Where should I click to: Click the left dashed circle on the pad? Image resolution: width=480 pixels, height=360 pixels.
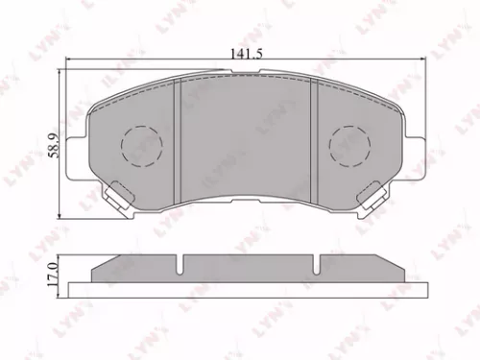coord(141,146)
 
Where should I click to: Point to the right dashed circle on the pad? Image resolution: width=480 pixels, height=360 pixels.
coord(348,146)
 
